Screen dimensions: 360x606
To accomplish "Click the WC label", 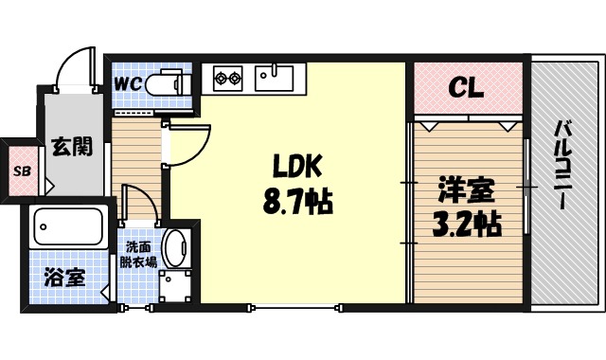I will coord(128,82).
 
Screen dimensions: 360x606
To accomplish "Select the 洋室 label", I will coord(467,189).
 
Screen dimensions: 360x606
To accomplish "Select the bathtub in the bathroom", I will coord(67,227).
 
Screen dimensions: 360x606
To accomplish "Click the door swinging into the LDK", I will coord(186,144).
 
